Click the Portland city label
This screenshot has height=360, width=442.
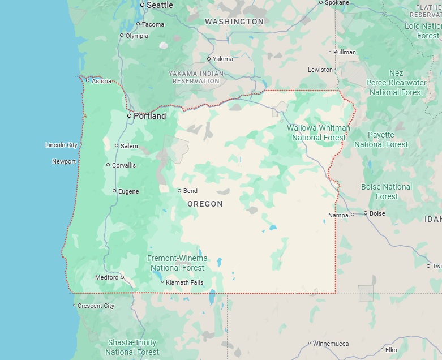[150, 116]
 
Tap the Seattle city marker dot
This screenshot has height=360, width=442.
[143, 5]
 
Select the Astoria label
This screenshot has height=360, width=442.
[102, 81]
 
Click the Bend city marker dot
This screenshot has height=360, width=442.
[179, 191]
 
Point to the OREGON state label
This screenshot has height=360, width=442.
[205, 204]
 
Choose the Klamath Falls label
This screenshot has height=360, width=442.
[184, 282]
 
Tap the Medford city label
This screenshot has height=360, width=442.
[107, 277]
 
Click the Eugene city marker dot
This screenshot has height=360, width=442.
[114, 191]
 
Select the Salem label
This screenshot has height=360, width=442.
[129, 146]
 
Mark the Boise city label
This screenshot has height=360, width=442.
[377, 213]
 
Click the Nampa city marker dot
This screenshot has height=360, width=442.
[352, 215]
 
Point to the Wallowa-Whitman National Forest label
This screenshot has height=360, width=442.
[318, 132]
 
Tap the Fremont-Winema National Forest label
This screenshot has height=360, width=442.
[177, 263]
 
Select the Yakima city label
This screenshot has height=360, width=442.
[223, 59]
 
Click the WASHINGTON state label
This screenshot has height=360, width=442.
[234, 22]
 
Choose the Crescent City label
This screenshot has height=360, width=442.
[96, 306]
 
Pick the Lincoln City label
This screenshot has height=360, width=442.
[61, 145]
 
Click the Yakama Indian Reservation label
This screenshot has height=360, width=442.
[196, 77]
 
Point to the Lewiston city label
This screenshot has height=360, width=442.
[320, 70]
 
